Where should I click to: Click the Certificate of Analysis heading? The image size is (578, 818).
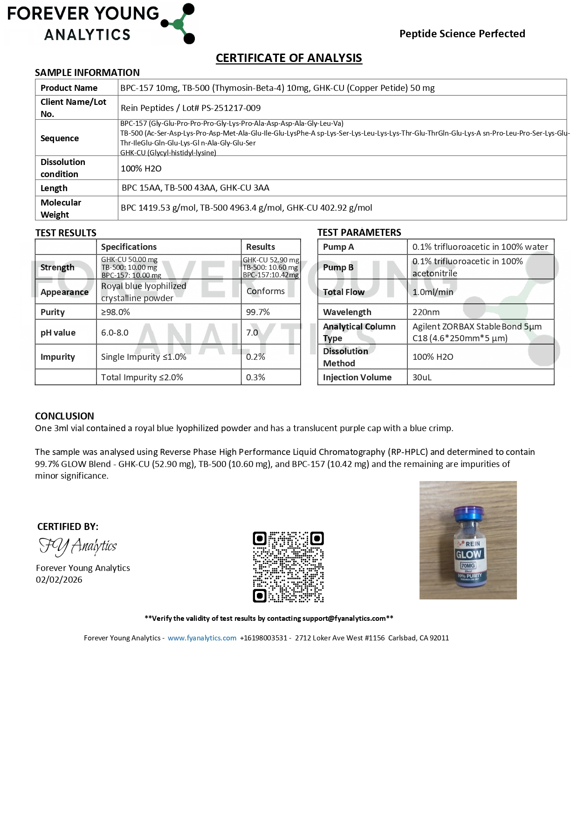(289, 58)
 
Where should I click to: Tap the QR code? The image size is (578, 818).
(288, 567)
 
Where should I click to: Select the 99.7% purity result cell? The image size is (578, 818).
(258, 312)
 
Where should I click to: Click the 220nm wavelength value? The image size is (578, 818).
(426, 312)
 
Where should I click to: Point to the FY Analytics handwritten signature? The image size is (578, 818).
(78, 546)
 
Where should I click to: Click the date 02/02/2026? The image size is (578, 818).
(59, 579)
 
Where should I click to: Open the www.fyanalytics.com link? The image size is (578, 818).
(202, 638)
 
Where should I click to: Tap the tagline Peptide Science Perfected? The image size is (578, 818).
(462, 34)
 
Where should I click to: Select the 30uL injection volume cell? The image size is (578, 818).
(422, 377)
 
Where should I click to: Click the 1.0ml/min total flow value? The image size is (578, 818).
(433, 292)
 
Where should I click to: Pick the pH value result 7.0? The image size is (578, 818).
(252, 332)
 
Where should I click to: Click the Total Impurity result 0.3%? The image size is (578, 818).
(255, 377)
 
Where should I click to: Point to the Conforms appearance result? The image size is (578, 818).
(265, 291)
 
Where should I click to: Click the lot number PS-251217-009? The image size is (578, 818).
(231, 108)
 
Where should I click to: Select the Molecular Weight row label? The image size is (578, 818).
(61, 208)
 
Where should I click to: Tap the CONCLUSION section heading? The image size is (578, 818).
(64, 416)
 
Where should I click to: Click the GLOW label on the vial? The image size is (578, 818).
(468, 554)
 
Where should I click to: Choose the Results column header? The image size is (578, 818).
(261, 247)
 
